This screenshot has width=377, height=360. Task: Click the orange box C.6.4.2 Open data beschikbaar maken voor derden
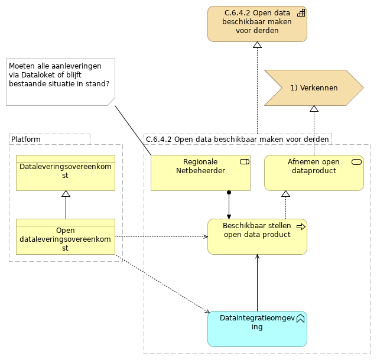257,24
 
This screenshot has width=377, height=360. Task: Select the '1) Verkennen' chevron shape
313,87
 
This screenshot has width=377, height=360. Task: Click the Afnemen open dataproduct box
313,173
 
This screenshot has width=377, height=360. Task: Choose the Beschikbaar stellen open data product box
257,236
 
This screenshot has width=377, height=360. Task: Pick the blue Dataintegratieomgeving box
257,329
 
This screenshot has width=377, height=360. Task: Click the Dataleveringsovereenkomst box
66,173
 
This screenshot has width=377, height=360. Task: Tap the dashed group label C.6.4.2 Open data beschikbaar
237,139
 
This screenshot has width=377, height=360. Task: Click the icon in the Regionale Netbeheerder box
243,162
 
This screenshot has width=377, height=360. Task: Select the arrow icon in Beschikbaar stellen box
300,226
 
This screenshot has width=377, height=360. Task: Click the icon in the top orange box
300,13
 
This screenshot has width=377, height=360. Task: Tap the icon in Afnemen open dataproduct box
356,162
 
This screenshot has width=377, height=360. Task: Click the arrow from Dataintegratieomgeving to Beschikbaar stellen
257,284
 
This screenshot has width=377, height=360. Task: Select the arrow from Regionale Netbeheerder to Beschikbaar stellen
229,205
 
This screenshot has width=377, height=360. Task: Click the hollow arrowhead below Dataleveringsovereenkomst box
66,194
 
